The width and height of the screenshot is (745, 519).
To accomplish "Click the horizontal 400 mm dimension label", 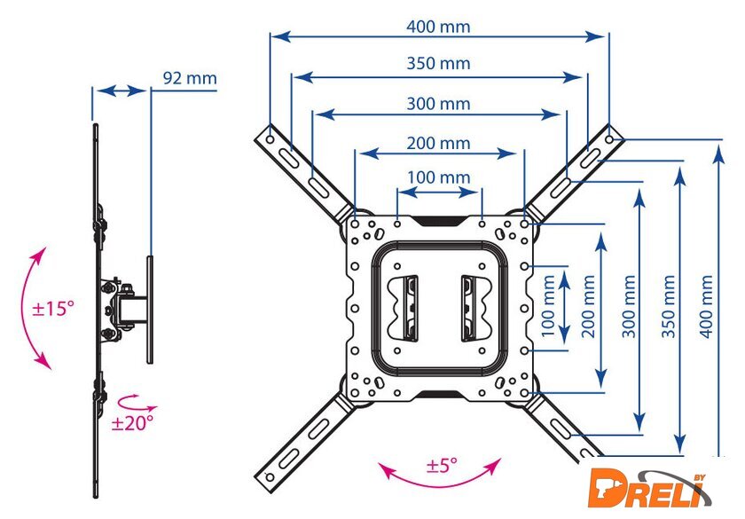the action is click(438, 27).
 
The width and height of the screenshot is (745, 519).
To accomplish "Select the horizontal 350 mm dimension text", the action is click(438, 63).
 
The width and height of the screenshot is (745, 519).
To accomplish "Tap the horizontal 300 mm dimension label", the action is click(438, 104).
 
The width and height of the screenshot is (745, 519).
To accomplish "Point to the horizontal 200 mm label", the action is click(438, 143).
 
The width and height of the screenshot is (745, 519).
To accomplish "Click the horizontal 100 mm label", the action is click(438, 177).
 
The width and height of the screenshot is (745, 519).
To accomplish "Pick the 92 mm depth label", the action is click(190, 78).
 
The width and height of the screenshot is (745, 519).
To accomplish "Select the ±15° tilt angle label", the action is click(53, 309).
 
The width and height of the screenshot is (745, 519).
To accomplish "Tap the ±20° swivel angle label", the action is click(132, 422).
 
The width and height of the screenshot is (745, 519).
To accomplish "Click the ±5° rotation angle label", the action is click(442, 465).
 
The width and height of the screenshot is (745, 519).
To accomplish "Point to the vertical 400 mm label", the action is click(707, 307).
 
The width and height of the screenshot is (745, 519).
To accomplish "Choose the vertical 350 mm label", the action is click(668, 307).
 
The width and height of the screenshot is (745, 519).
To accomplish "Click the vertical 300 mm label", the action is click(629, 307).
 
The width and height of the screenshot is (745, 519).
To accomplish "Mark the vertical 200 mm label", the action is click(588, 307).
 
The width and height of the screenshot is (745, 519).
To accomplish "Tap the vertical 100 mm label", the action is click(548, 306).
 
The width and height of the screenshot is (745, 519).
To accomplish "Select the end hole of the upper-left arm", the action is click(270, 140).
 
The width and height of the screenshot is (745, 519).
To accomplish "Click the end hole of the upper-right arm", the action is click(609, 140).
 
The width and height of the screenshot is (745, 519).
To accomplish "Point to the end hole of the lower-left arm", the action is click(270, 477).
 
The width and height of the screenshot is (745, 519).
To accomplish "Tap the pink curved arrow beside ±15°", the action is click(35, 308).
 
